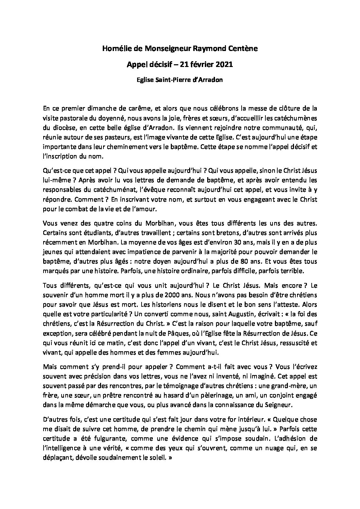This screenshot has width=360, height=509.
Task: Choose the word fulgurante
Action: [x=104, y=439]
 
